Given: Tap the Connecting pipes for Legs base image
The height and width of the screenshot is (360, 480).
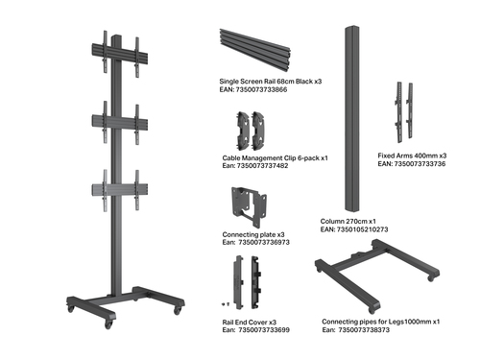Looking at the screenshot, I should coord(374,274).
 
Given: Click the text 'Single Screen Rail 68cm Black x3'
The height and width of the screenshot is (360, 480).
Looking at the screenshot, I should coord(270,82).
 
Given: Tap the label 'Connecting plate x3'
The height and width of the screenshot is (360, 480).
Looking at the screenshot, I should coord(253,234).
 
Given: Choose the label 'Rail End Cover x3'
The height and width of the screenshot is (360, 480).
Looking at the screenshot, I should coord(250,322).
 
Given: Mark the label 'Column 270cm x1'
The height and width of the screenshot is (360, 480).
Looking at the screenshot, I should coord(348,222).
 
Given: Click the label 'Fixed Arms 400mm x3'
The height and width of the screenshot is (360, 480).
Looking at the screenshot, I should coord(414,156).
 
